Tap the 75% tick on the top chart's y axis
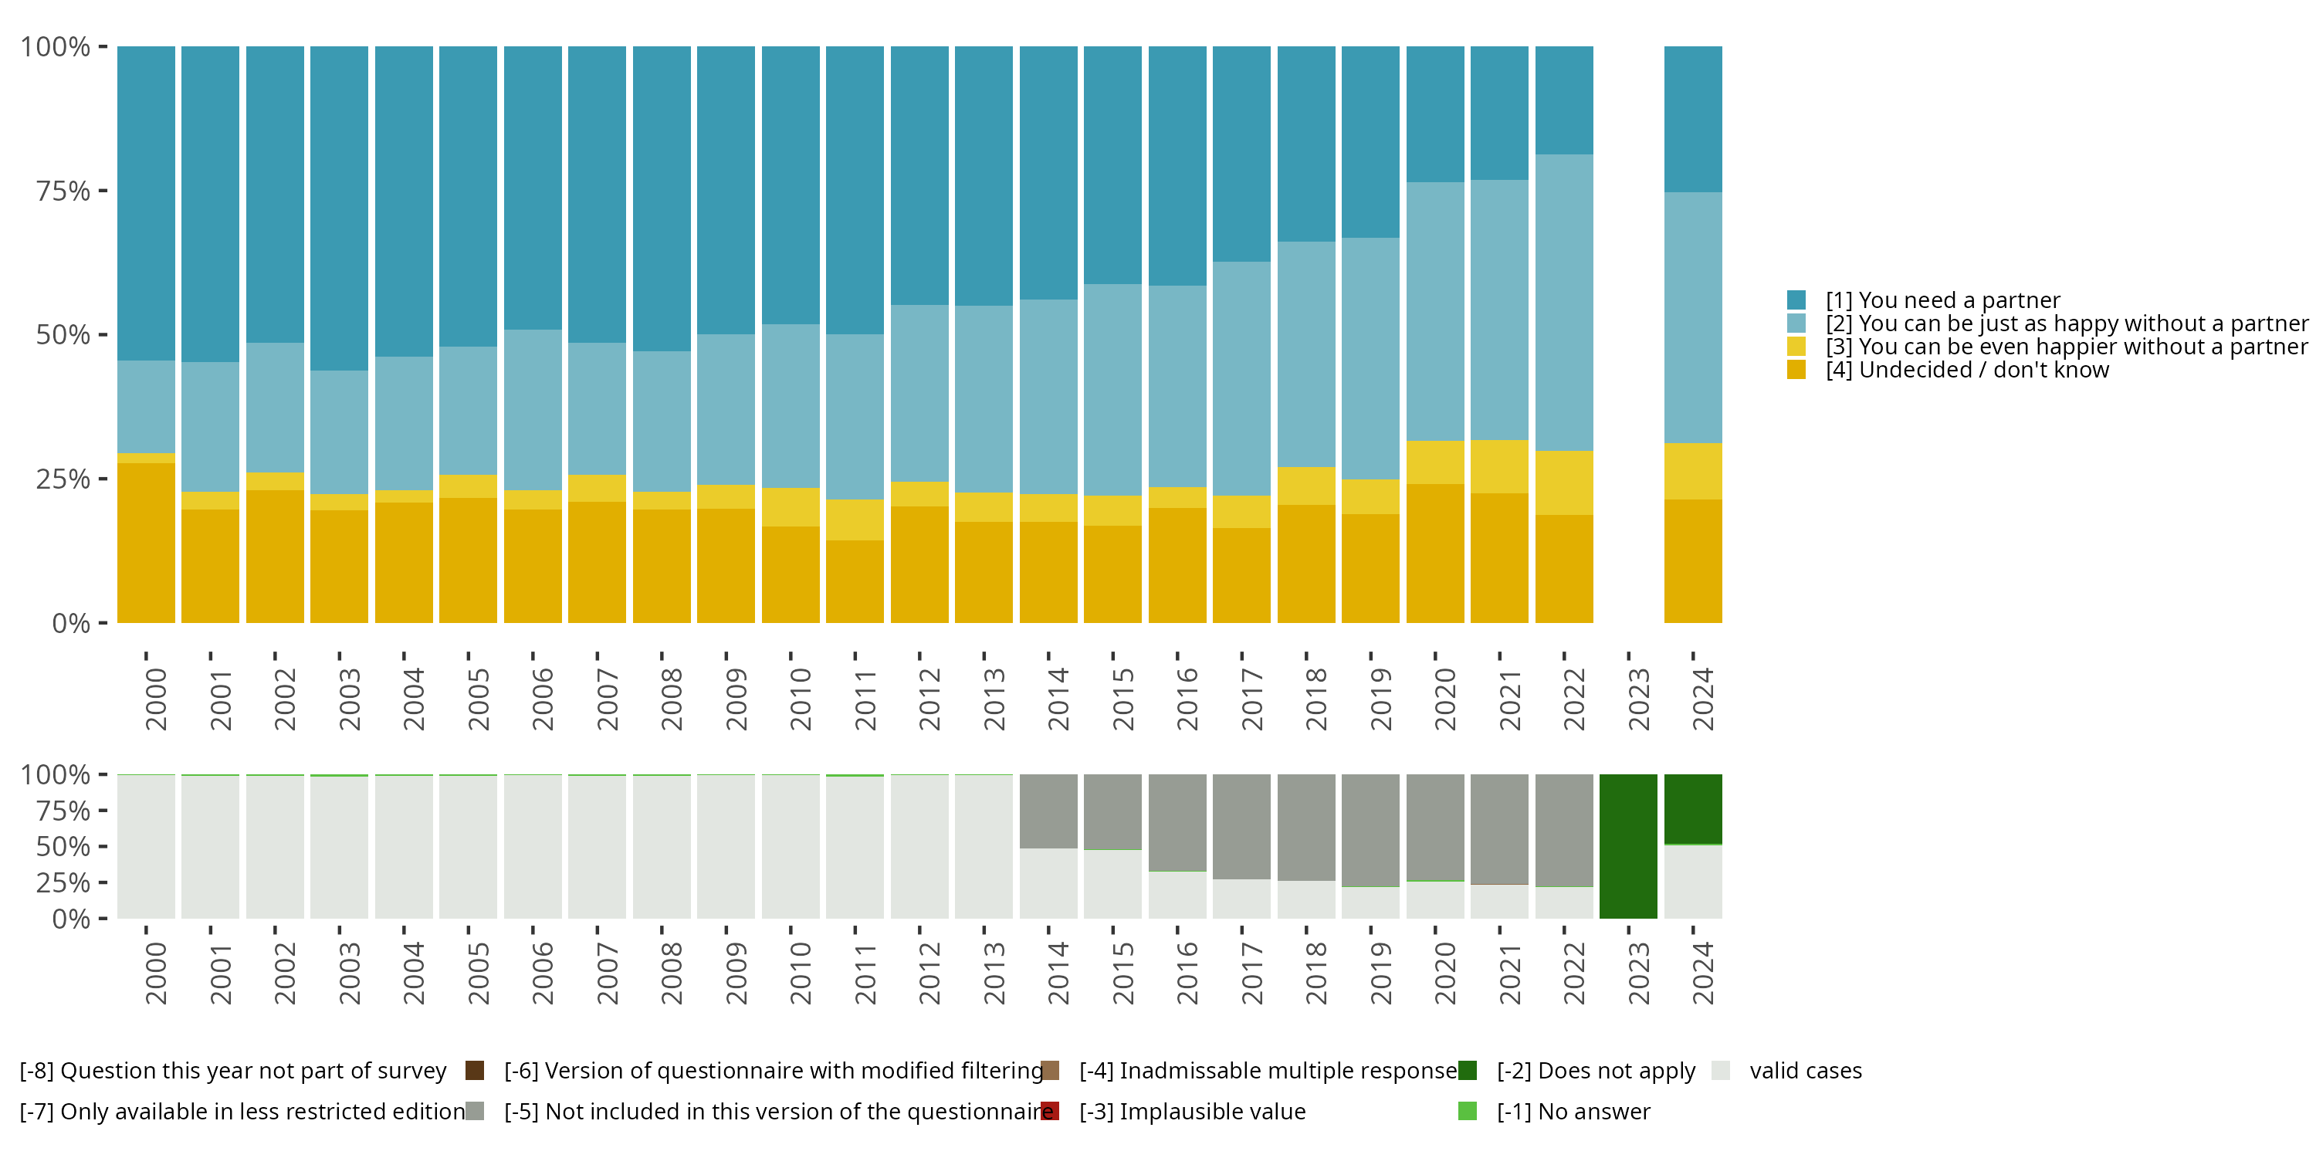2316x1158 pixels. click(x=63, y=191)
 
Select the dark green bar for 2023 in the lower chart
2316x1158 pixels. click(x=1628, y=846)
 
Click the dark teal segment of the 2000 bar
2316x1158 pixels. click(x=147, y=203)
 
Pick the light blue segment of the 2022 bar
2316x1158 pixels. click(x=1564, y=302)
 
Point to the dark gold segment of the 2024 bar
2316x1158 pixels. click(x=1693, y=561)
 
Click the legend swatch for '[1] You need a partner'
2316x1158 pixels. click(x=1796, y=300)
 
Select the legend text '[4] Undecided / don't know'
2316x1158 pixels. click(x=1967, y=371)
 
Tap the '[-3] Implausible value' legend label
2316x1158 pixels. click(x=1192, y=1111)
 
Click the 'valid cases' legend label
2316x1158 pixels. click(x=1806, y=1071)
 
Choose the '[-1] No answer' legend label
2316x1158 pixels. click(x=1573, y=1111)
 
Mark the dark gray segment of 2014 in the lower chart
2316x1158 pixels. click(x=1048, y=811)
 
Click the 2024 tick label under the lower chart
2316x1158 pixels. click(x=1703, y=973)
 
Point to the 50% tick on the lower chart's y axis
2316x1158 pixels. click(x=63, y=846)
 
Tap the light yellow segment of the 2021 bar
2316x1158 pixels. click(x=1500, y=466)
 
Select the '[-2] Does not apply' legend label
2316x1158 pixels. click(x=1596, y=1071)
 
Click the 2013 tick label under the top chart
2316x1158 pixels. click(x=994, y=699)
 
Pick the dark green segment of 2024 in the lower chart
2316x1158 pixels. click(x=1693, y=809)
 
